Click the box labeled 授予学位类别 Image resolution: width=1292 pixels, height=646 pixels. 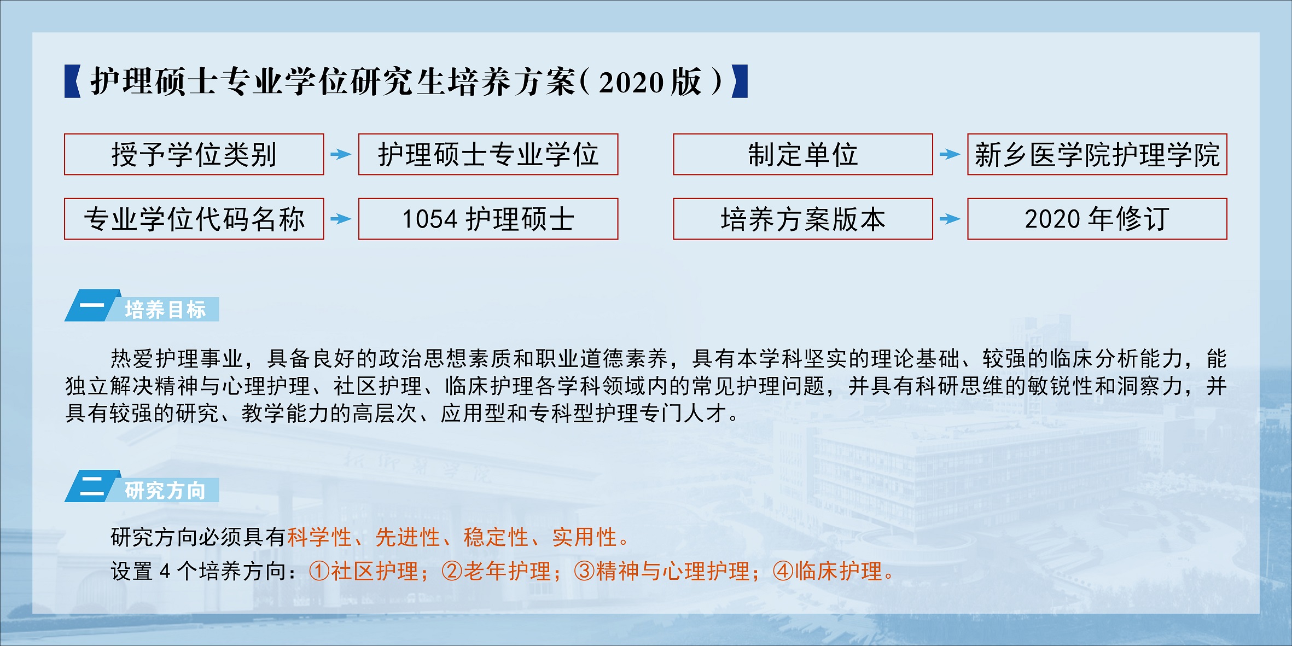pos(194,154)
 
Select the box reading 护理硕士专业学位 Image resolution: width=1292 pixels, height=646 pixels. pos(488,154)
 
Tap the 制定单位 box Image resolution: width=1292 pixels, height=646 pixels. pos(803,154)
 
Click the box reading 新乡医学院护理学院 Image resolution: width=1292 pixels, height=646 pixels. pos(1097,154)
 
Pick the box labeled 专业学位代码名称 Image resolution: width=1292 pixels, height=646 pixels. pos(194,219)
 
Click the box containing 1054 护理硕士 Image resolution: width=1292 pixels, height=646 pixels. pos(488,219)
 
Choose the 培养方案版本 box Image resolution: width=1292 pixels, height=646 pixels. pos(803,219)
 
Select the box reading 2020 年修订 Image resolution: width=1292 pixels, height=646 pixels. pos(1097,219)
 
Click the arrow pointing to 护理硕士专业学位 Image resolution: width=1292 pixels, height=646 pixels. pos(341,154)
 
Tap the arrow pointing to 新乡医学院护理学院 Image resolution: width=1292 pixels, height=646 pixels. pos(950,154)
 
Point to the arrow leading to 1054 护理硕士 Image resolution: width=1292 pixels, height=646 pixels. pos(341,219)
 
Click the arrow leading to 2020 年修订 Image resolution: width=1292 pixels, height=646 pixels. pos(950,219)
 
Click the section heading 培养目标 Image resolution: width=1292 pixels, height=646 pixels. pos(165,310)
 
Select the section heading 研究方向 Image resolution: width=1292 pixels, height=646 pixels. pos(165,490)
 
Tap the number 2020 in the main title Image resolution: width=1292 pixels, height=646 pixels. pos(631,83)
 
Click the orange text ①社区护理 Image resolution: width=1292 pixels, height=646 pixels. pos(364,571)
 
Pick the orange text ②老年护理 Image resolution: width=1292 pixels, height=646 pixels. pos(496,571)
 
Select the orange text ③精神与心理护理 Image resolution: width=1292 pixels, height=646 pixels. pos(662,571)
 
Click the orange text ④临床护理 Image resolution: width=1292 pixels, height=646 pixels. pos(828,571)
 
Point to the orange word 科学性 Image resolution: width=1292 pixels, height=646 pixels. pos(319,537)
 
